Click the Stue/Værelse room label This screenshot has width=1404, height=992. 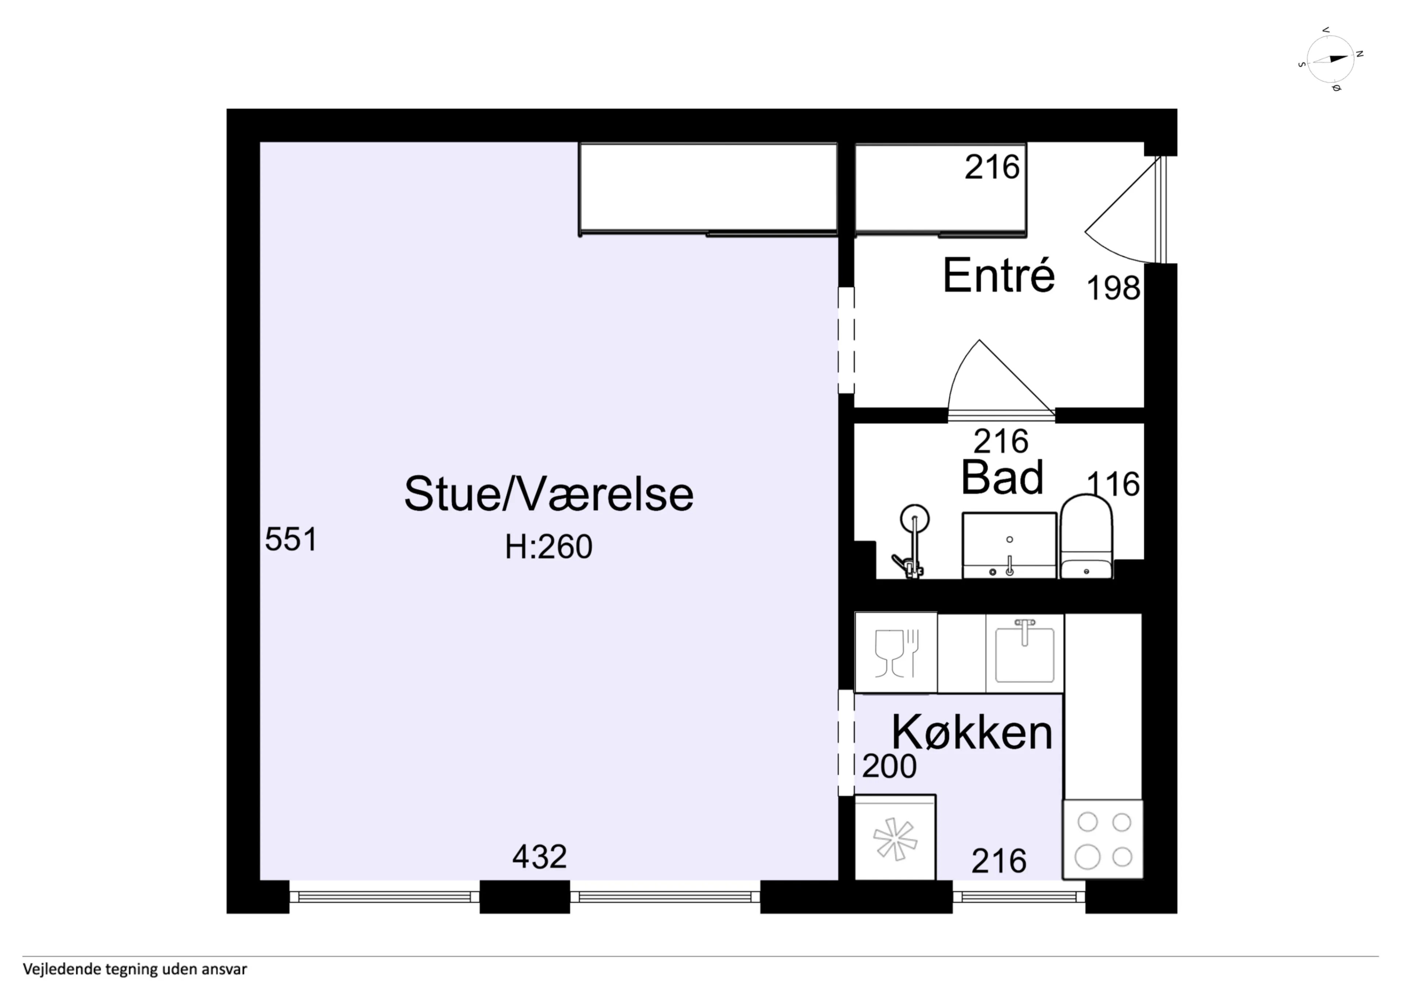coord(548,494)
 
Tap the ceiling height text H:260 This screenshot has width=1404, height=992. coord(548,547)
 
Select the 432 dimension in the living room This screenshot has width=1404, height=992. coord(539,856)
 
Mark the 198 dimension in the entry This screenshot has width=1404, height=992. coord(1113,288)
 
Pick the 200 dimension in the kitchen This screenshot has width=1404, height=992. coord(889,766)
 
